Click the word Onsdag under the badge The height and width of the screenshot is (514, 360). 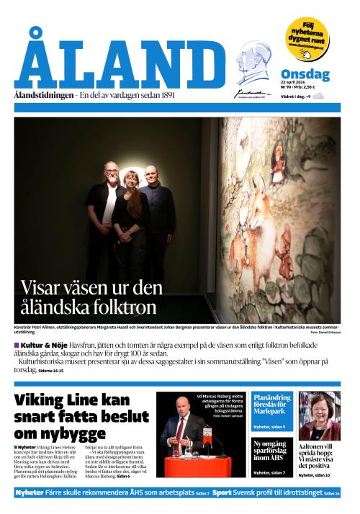305,75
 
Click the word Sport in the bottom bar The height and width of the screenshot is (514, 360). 222,493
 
